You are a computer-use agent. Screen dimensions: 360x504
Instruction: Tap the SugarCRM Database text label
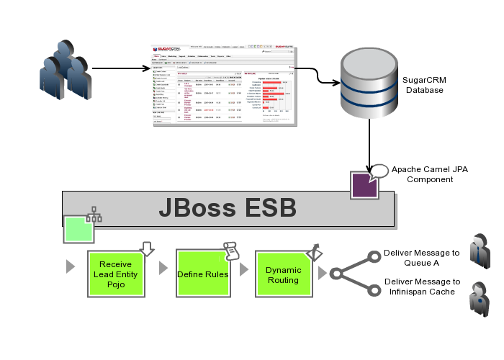424,85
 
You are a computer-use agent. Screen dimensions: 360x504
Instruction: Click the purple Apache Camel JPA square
364,184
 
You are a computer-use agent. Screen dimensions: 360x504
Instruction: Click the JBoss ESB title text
228,208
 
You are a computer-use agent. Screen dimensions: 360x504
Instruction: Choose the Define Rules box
202,274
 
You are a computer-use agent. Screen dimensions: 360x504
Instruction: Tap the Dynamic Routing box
283,274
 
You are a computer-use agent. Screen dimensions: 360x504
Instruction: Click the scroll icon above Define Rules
230,250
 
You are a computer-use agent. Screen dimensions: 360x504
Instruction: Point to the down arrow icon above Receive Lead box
148,249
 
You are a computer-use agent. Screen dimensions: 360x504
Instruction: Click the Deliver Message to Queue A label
421,258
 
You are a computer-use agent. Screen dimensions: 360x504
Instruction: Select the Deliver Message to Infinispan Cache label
421,286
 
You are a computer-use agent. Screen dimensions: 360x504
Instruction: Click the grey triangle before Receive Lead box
70,266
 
